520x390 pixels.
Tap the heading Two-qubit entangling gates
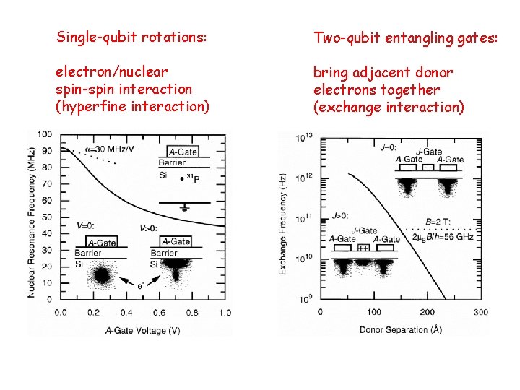[405, 37]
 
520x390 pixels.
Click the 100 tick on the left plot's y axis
[44, 134]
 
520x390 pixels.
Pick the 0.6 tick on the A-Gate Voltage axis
[160, 313]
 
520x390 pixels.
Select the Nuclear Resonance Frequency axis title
[32, 217]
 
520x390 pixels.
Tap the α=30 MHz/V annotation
[109, 148]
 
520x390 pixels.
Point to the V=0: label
[84, 225]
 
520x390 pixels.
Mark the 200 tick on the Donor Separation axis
[428, 312]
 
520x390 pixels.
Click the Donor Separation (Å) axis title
[401, 329]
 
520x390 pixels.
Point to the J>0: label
[340, 214]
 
